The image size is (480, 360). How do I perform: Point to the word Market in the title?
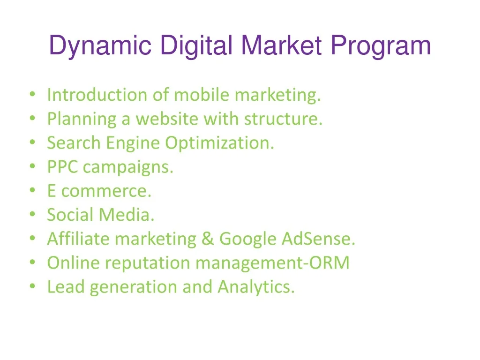[282, 46]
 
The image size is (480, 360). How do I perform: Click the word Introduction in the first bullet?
[97, 95]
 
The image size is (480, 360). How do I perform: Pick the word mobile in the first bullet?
[202, 95]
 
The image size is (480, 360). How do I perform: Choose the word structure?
[283, 119]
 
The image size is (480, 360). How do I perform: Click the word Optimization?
[219, 143]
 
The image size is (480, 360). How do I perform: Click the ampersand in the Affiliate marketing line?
[207, 239]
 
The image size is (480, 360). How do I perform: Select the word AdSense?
[318, 239]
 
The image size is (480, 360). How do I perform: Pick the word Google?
[248, 240]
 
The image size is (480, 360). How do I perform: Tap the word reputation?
[148, 263]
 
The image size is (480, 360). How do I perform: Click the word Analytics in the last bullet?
[256, 287]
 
